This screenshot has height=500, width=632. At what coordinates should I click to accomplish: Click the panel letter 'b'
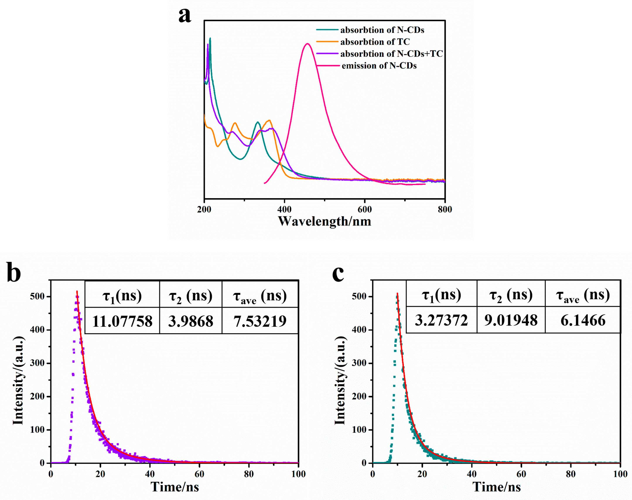[x=14, y=272]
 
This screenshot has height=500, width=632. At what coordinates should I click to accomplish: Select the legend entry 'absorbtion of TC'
[x=375, y=42]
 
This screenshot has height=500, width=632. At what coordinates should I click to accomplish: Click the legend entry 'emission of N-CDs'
[x=379, y=65]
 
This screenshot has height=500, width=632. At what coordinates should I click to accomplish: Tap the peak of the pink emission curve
[x=307, y=44]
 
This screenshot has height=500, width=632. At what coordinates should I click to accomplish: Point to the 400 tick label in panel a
[x=284, y=209]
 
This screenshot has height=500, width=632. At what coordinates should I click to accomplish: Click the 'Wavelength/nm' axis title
[x=324, y=221]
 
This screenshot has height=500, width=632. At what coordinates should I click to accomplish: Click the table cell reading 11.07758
[x=122, y=321]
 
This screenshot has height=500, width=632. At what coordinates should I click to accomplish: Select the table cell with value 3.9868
[x=191, y=321]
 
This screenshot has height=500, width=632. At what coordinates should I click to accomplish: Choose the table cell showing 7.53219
[x=260, y=321]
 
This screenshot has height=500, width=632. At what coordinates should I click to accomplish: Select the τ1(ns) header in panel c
[x=441, y=295]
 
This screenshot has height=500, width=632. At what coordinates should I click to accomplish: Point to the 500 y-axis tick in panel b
[x=37, y=297]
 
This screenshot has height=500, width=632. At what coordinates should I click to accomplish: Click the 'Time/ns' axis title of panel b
[x=175, y=487]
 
